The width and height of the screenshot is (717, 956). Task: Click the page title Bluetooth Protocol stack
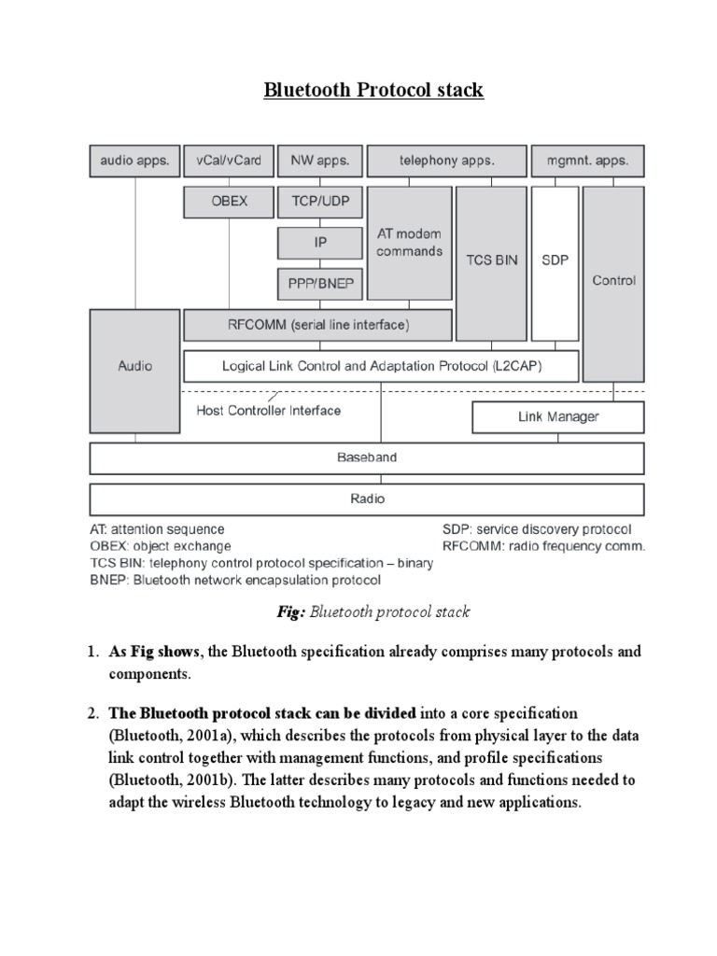tap(373, 91)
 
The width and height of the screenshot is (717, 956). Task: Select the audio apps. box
tap(134, 161)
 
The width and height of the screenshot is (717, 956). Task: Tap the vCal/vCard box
tap(229, 161)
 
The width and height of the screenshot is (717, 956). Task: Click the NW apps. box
tap(319, 161)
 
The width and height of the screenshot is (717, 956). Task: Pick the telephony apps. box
tap(445, 161)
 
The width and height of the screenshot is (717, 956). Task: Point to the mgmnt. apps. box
tap(587, 161)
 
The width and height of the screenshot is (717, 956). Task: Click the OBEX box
tap(229, 201)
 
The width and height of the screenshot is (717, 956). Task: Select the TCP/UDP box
tap(319, 201)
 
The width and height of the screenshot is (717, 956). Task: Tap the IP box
tap(319, 242)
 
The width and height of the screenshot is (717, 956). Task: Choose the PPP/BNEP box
tap(319, 283)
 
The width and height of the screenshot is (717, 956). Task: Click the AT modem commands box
tap(409, 243)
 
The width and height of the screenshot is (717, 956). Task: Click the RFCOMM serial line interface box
tap(317, 326)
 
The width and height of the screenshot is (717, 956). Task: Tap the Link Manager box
tap(557, 416)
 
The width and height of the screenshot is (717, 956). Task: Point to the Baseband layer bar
tap(366, 458)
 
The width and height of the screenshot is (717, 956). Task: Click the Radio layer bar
tap(366, 499)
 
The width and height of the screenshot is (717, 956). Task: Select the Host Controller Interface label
tap(268, 410)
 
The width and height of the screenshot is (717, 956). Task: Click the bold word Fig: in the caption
tap(286, 612)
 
